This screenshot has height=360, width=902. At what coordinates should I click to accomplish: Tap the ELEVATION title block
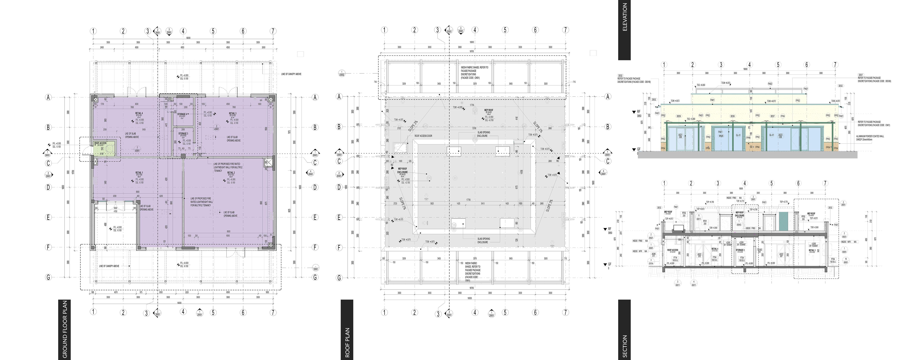pos(624,30)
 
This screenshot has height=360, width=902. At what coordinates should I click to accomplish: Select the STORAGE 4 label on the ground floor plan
pos(182,114)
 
